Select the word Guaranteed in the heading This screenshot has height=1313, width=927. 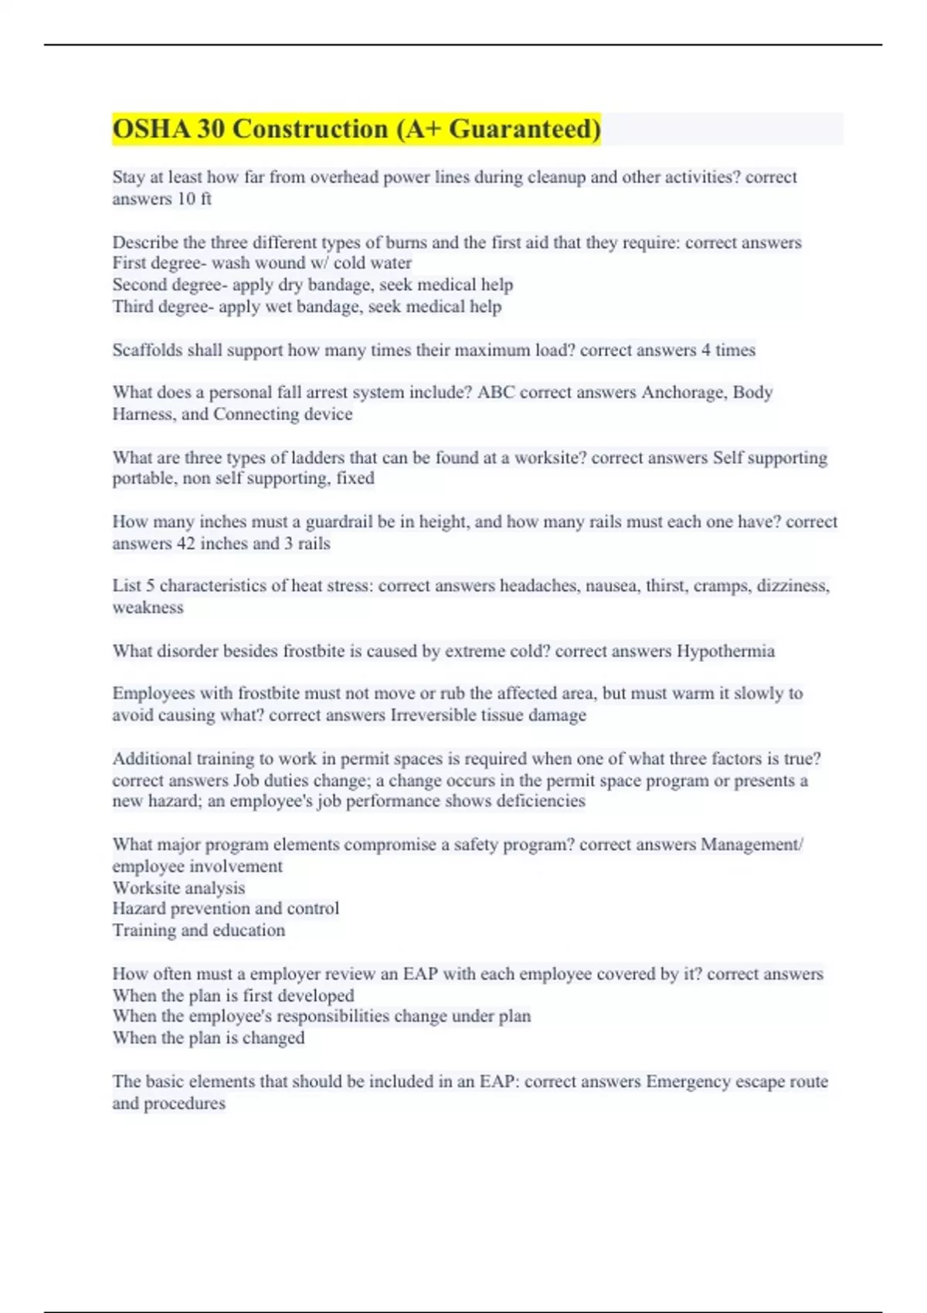pos(525,129)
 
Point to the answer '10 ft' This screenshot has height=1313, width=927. pos(194,199)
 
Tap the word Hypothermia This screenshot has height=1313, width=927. pos(725,651)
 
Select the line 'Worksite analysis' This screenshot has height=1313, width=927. pos(178,888)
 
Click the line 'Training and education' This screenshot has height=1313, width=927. pos(199,931)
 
